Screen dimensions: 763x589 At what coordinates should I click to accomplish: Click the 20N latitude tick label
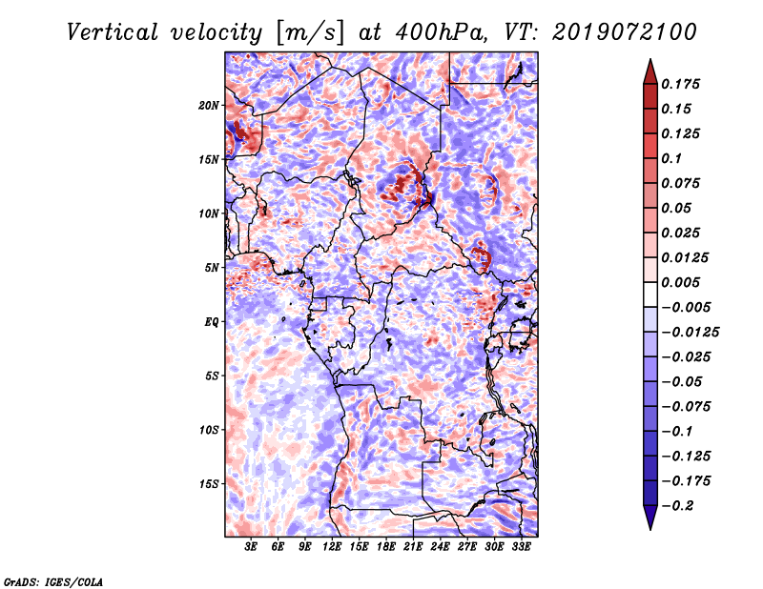(x=209, y=106)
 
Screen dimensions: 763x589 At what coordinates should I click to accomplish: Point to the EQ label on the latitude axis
(x=212, y=322)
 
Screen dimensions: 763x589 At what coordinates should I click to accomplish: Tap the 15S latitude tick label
(x=209, y=484)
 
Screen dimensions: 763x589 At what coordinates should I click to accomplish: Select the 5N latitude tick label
(x=212, y=268)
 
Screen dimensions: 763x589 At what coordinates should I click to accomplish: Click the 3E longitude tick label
(x=251, y=547)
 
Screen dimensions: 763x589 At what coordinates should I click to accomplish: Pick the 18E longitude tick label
(x=385, y=547)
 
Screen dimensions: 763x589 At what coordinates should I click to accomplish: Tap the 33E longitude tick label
(x=521, y=547)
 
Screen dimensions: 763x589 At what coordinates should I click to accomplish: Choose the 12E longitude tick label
(x=331, y=547)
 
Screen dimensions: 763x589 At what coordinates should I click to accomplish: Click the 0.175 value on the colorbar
(x=680, y=84)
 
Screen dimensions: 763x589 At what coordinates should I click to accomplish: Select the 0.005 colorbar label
(x=680, y=282)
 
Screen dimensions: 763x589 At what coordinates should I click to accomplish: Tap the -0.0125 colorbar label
(x=690, y=333)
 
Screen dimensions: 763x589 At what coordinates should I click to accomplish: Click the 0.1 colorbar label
(x=671, y=158)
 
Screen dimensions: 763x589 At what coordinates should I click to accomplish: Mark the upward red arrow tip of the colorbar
(x=650, y=59)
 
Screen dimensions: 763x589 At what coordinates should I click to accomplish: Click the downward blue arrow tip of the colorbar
(x=650, y=529)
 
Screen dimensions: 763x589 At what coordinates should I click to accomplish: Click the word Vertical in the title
(x=113, y=32)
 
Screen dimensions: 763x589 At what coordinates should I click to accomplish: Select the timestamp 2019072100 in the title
(x=625, y=32)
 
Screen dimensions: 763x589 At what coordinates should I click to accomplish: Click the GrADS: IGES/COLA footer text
(x=53, y=582)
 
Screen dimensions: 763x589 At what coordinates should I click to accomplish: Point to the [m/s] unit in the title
(x=309, y=33)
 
